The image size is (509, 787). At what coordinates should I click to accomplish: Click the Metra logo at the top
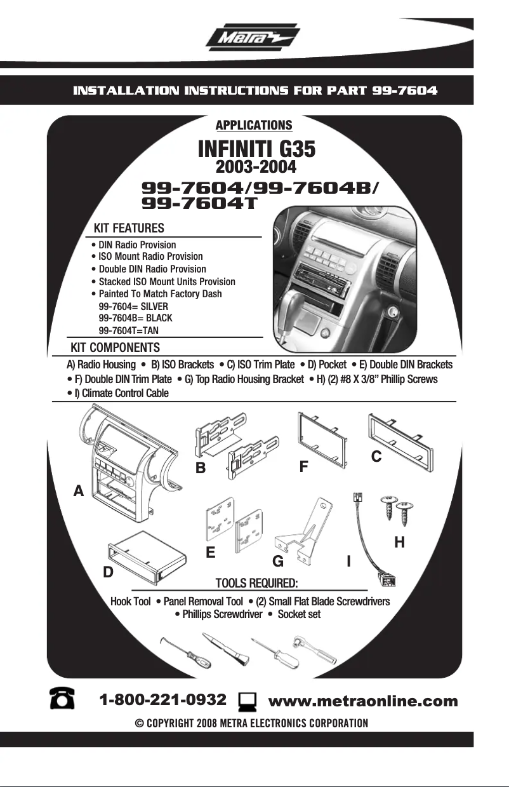pos(253,38)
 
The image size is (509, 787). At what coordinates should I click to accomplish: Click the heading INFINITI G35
pos(256,150)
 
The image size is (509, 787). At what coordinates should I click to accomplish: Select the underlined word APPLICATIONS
pos(254,125)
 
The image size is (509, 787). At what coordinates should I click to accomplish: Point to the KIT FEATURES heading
pos(129,228)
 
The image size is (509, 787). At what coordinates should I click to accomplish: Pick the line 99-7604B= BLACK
pos(135,318)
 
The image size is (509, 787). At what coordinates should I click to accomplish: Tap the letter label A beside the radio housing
pos(79,490)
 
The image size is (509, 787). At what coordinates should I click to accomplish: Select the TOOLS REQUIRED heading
pos(256,584)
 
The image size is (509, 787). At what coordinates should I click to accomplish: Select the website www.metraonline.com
pos(363,701)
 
